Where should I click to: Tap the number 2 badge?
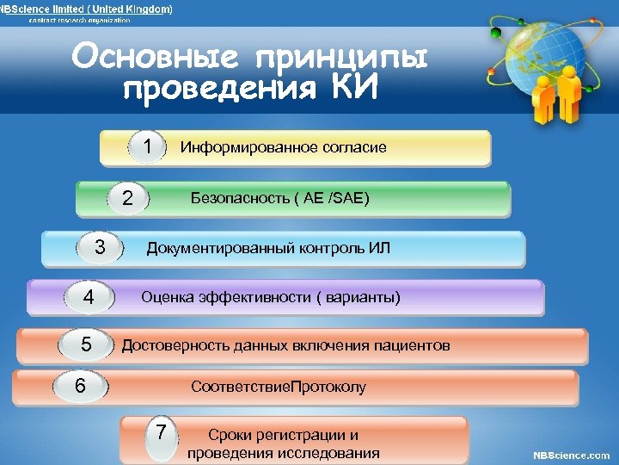(127, 198)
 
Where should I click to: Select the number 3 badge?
(100, 248)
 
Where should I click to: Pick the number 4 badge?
(89, 297)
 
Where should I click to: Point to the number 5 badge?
(86, 345)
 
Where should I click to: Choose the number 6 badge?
(80, 386)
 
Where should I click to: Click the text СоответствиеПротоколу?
(279, 387)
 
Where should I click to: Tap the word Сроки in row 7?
(230, 435)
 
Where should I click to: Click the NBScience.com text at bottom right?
(572, 455)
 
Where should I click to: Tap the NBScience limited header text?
(86, 9)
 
